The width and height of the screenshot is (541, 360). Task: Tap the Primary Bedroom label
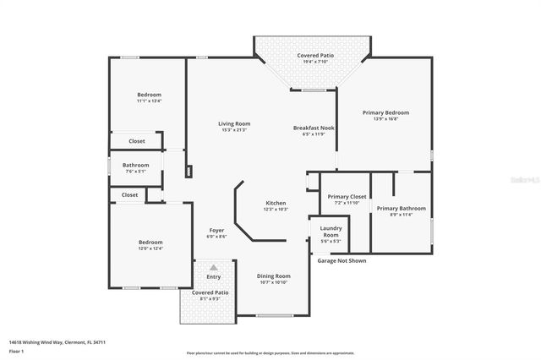(385, 112)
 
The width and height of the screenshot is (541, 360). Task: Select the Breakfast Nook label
(314, 128)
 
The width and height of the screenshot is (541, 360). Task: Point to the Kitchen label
(276, 203)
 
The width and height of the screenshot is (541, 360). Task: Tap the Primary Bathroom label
(402, 208)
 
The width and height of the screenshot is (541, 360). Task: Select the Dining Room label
(273, 275)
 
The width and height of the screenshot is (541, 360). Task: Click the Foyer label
(216, 230)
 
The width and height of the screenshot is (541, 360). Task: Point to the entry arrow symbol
(213, 268)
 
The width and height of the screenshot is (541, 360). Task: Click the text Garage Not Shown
(342, 261)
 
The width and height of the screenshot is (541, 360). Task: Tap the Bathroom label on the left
(135, 165)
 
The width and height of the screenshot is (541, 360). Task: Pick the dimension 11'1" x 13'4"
(149, 101)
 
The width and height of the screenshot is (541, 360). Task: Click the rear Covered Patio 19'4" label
(314, 55)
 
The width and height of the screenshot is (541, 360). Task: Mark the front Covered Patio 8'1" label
(210, 292)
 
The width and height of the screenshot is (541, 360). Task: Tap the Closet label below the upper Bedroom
(136, 141)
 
